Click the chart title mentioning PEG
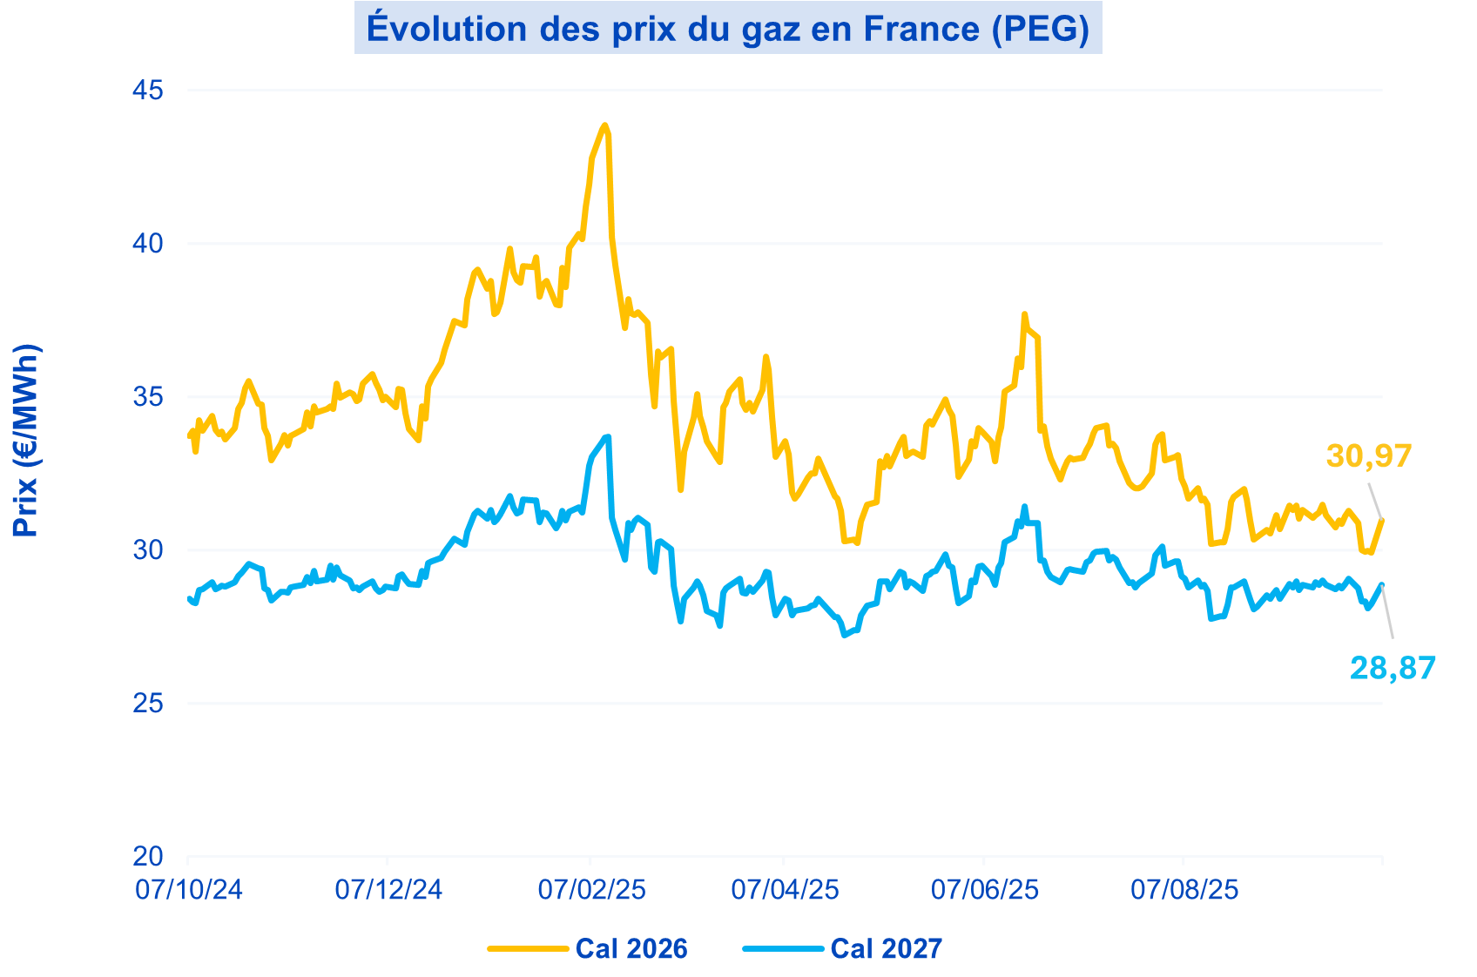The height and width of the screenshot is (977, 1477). pos(728,28)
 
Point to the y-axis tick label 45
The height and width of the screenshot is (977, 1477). pos(148,91)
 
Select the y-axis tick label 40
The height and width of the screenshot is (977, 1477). pos(148,244)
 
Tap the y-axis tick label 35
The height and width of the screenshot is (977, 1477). pos(148,397)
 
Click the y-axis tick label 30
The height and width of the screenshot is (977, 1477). pos(148,550)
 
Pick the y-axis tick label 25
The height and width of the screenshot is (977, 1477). pos(148,704)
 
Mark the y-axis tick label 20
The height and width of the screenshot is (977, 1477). pos(148,857)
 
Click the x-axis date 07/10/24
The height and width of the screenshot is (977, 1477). pos(189,890)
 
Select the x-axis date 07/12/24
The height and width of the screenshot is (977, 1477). pos(388,890)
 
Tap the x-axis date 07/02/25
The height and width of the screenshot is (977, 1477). pos(591,890)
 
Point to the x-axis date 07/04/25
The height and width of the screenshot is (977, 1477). pos(785,890)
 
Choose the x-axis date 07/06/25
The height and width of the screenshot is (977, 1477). pos(985,890)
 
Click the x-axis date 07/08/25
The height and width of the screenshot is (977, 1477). pos(1184,890)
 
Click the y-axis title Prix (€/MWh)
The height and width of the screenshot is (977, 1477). pos(26,440)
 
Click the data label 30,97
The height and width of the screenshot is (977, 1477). pos(1368,455)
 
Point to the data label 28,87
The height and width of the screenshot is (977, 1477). pos(1393,668)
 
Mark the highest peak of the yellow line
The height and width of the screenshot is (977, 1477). pos(605,125)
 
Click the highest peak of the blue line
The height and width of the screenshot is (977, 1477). pos(608,436)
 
